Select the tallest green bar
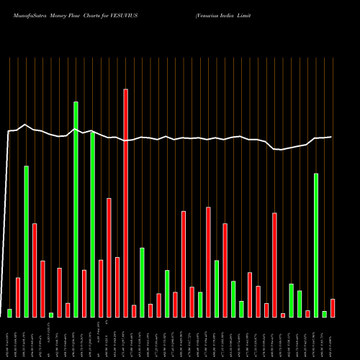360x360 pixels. click(x=76, y=209)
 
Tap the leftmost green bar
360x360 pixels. click(x=10, y=312)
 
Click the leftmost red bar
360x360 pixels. click(x=18, y=297)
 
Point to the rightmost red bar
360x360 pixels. click(x=333, y=308)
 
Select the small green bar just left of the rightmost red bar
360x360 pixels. click(x=325, y=314)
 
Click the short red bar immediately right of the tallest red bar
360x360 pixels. click(x=134, y=311)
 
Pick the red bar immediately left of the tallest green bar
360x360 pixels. click(x=68, y=310)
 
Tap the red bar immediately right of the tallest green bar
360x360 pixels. click(x=84, y=293)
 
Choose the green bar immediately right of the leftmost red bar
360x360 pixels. click(x=27, y=241)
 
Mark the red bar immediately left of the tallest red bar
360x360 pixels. click(x=117, y=287)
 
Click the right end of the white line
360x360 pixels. click(x=332, y=137)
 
